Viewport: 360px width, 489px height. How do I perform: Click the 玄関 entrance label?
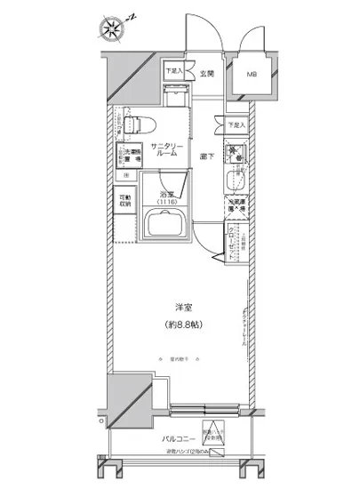pos(206,74)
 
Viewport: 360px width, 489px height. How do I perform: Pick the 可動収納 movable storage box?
pos(124,202)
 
